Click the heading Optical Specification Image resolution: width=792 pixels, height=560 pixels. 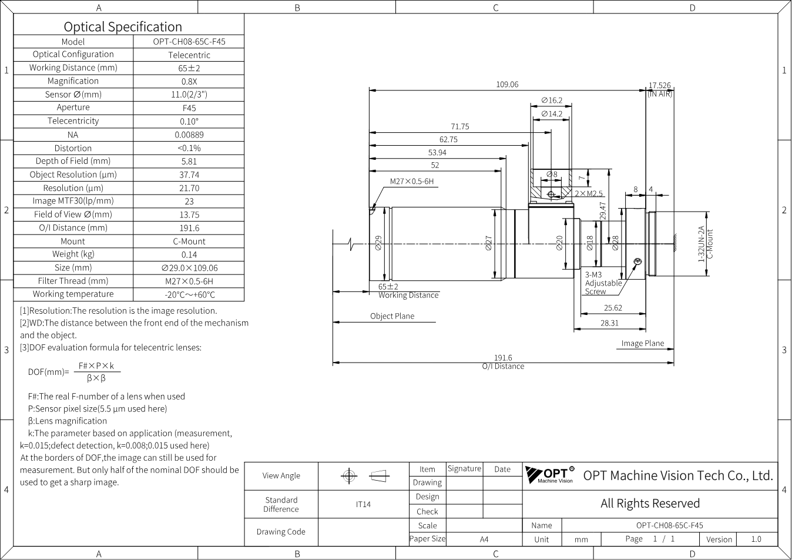(123, 27)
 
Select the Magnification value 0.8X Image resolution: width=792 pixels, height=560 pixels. (189, 82)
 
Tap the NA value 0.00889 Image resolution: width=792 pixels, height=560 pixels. (189, 135)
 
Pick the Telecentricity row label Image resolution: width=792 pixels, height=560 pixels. (73, 121)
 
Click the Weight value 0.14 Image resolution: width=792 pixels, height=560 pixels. (189, 254)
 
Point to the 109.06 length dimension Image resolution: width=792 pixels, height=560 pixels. (507, 85)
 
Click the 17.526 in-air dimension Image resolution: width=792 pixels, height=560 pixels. (659, 86)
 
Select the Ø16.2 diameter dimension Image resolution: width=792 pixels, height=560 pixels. (552, 100)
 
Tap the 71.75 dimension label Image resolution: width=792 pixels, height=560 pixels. (459, 126)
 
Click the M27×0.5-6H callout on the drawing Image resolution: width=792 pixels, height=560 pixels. (411, 182)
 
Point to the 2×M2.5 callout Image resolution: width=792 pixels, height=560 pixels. (588, 193)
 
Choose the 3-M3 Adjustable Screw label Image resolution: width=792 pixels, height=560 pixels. (603, 283)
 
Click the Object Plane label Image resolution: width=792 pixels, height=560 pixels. (392, 316)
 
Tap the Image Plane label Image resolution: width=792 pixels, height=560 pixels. (642, 343)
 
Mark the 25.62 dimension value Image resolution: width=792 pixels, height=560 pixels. (613, 308)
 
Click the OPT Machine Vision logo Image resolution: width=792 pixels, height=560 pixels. (550, 474)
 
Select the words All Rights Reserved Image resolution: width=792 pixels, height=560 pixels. (650, 504)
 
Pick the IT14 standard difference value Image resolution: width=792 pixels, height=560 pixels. (363, 505)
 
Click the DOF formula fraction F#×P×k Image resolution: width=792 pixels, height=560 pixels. (96, 366)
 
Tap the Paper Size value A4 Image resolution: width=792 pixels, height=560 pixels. (484, 539)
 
